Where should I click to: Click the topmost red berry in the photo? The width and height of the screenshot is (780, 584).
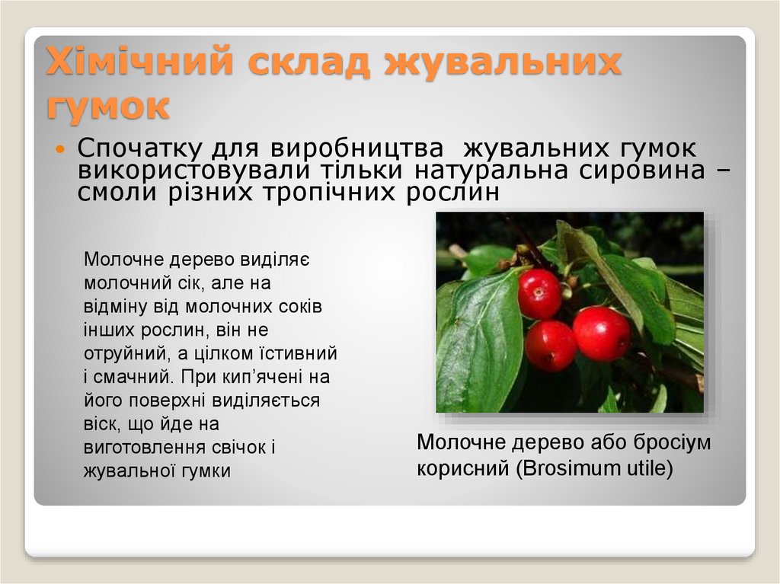pos(539,293)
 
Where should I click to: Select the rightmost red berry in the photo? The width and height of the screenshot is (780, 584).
pos(602,333)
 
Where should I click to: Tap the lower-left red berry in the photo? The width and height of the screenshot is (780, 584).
pos(551,345)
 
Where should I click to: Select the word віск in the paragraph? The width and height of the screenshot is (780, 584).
pos(99,424)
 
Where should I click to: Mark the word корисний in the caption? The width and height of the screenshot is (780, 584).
pos(460,468)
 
